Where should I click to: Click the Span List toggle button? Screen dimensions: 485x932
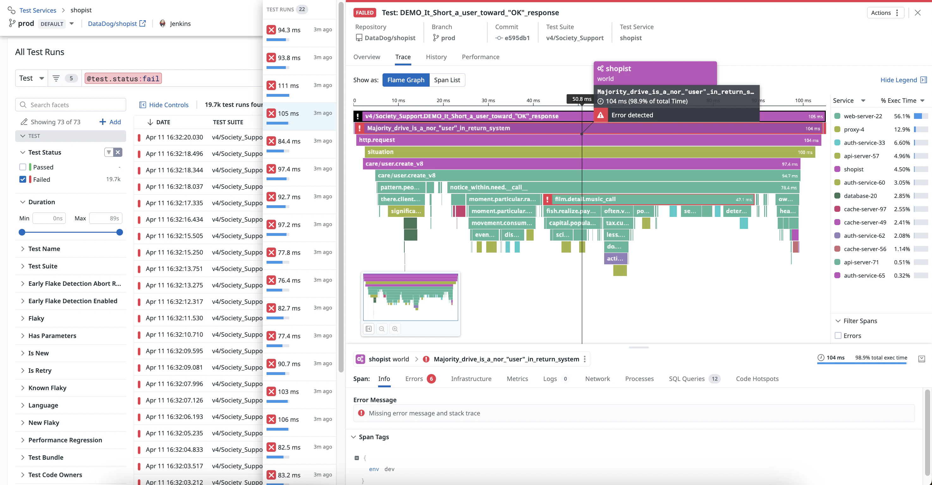click(447, 80)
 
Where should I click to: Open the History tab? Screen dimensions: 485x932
click(436, 57)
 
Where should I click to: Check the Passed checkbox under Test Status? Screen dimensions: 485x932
click(23, 167)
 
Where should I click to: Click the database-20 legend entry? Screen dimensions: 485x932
click(860, 196)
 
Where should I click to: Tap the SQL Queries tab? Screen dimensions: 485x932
click(686, 378)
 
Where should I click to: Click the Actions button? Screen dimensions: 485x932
click(885, 13)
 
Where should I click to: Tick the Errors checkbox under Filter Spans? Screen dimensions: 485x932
click(838, 335)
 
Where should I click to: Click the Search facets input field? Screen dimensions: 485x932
click(71, 105)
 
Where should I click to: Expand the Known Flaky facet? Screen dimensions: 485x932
click(47, 388)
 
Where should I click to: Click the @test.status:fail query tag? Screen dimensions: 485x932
click(123, 78)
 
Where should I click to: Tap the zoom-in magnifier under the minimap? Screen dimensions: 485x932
click(395, 328)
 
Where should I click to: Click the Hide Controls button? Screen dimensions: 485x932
click(164, 105)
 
